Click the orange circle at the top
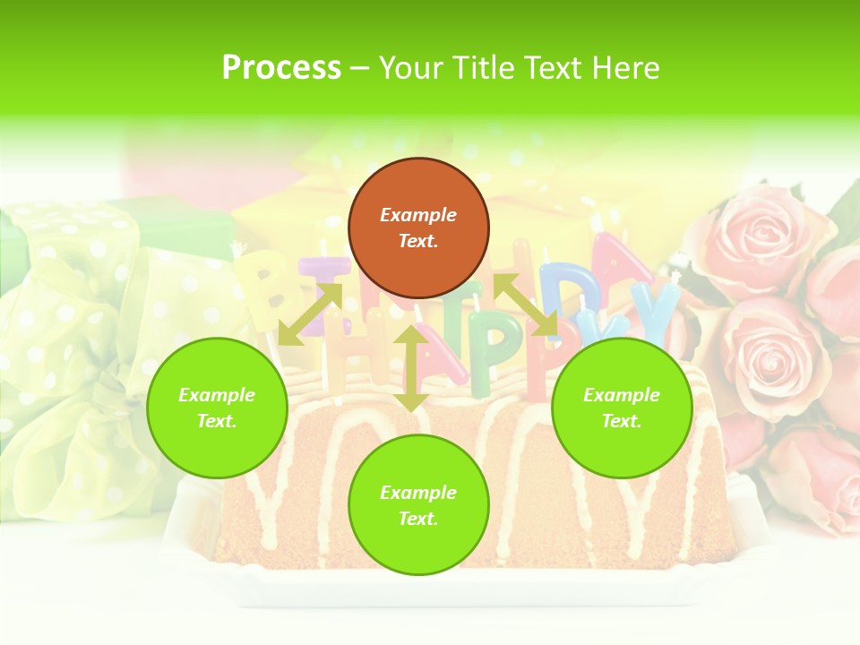click(418, 228)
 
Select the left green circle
click(217, 408)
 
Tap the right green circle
click(622, 408)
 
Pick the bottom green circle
click(418, 505)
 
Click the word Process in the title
click(281, 68)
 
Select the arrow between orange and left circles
click(310, 314)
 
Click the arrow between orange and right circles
click(526, 305)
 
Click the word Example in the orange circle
click(418, 215)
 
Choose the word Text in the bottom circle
click(417, 519)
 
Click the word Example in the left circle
click(217, 395)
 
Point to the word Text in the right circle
click(620, 421)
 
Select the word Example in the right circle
click(622, 395)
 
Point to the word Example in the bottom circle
click(418, 493)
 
